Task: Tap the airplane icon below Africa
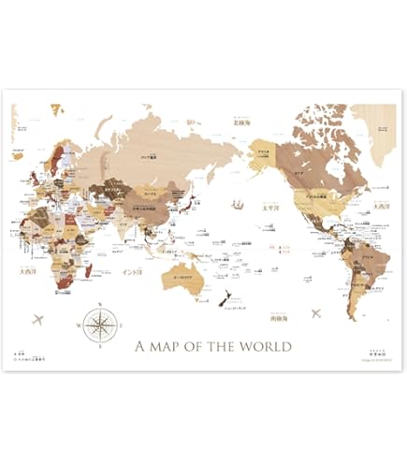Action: pyautogui.click(x=38, y=320)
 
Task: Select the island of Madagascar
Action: pyautogui.click(x=87, y=269)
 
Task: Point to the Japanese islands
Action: pyautogui.click(x=188, y=202)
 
